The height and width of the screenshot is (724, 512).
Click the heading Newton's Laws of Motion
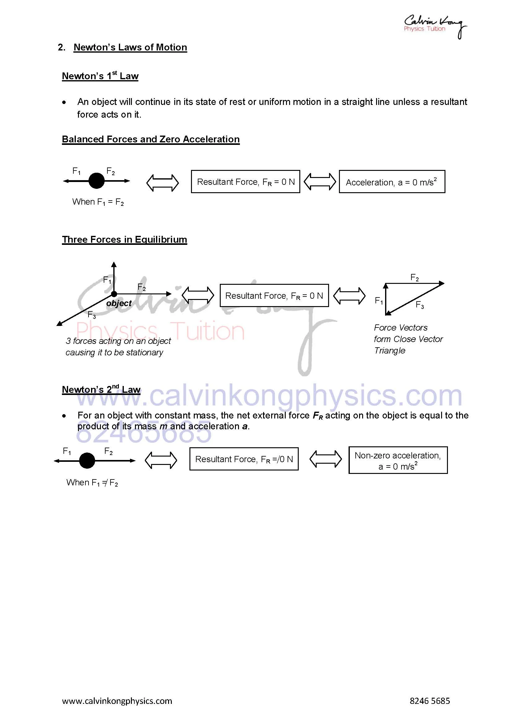(130, 47)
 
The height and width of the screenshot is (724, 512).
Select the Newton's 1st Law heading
(100, 76)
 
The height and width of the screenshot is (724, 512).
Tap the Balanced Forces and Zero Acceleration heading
(151, 139)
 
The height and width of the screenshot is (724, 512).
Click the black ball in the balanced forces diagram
(97, 181)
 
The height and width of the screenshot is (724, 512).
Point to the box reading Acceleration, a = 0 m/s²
(392, 182)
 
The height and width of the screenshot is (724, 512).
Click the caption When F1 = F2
(98, 202)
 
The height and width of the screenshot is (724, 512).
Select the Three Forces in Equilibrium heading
(124, 240)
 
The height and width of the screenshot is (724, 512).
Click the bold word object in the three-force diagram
(119, 303)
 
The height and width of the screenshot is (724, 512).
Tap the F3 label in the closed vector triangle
(420, 305)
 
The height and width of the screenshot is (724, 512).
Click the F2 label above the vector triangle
(414, 278)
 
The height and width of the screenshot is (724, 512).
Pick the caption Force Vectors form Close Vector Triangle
(408, 339)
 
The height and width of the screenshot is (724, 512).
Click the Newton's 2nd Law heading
(101, 389)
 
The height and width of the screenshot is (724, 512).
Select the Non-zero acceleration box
(398, 460)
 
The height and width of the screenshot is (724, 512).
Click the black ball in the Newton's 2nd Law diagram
(87, 461)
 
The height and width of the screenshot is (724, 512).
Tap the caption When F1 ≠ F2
(92, 483)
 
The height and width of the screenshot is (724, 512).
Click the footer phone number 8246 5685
(430, 701)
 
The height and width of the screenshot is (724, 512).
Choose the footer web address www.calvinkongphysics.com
(117, 701)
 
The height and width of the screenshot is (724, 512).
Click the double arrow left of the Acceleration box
(320, 182)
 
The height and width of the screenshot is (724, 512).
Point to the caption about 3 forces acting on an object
(118, 347)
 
